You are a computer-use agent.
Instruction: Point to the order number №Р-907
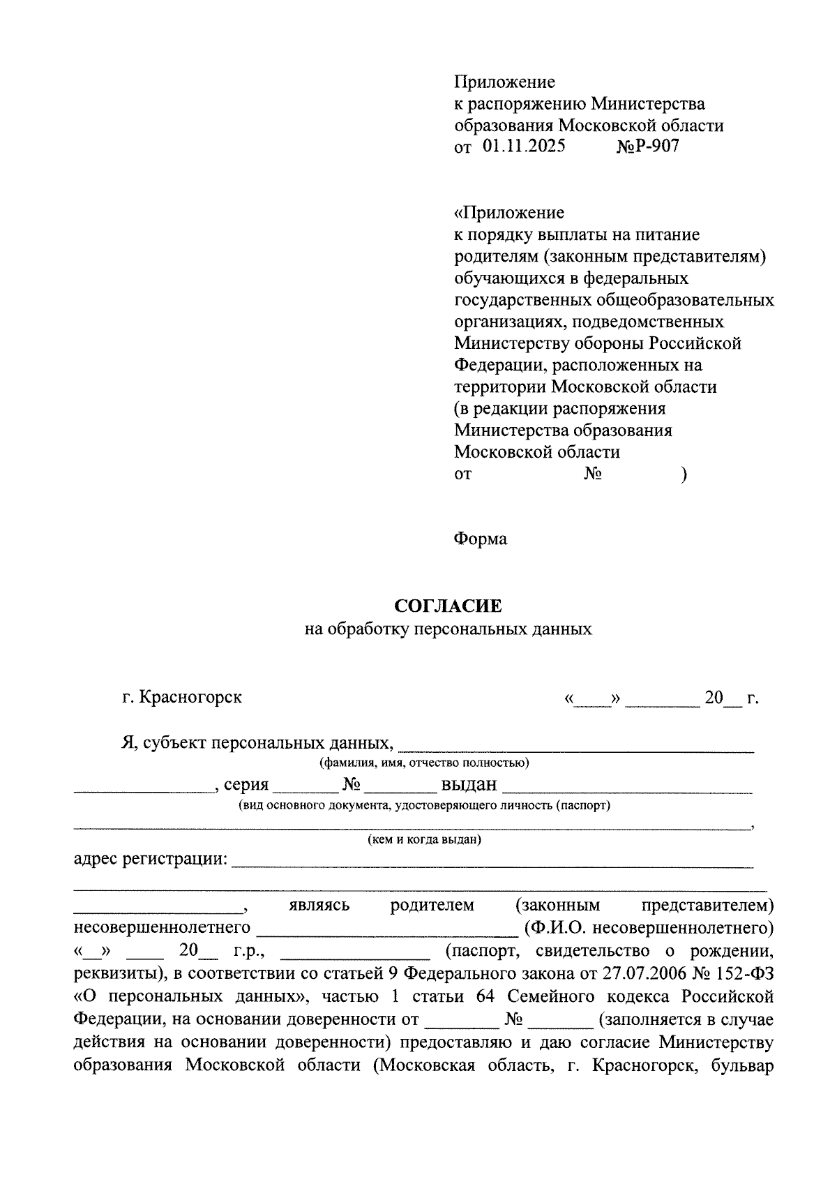click(647, 147)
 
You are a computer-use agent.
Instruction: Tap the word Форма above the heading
click(481, 539)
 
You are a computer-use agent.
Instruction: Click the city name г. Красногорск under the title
click(181, 697)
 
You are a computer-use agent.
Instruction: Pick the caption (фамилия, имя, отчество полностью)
click(424, 763)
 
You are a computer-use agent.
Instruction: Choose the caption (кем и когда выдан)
click(424, 839)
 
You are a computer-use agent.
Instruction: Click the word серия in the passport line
click(246, 785)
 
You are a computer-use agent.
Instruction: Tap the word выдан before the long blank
click(469, 785)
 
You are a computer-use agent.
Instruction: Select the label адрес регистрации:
click(151, 859)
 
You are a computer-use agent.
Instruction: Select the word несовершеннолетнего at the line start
click(162, 928)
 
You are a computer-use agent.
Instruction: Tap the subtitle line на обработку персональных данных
click(448, 629)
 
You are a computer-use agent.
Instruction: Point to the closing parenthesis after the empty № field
click(684, 474)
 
